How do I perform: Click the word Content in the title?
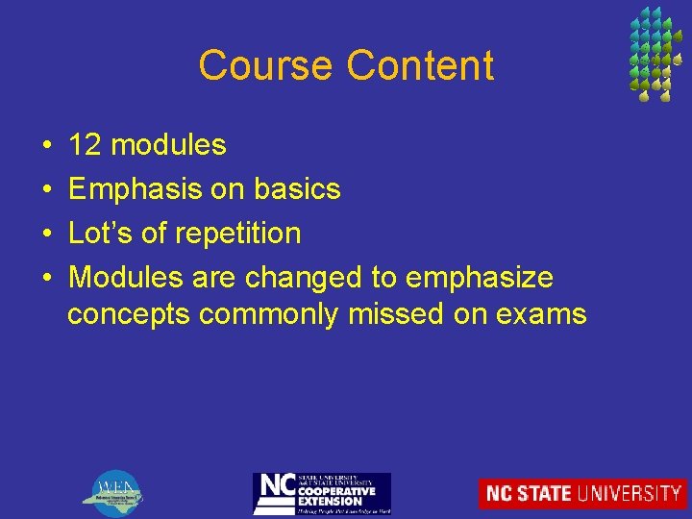(420, 65)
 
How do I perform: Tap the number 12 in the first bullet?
(86, 145)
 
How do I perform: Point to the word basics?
(297, 189)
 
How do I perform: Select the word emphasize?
(480, 278)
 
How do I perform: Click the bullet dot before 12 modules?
(47, 146)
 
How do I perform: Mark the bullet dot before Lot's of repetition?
(47, 234)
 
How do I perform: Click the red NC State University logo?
(582, 493)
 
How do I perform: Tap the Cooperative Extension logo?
(321, 493)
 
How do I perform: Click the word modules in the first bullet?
(168, 145)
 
